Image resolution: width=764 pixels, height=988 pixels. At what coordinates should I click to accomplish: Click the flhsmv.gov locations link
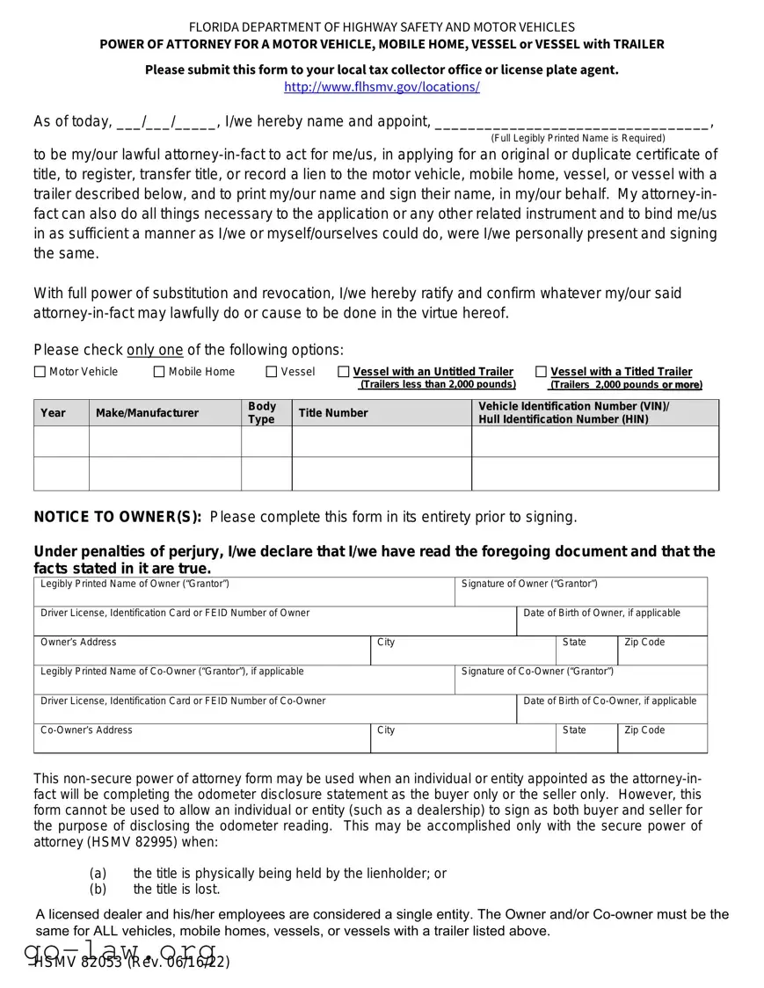(382, 87)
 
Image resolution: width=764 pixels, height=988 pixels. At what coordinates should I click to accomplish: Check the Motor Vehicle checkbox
(40, 372)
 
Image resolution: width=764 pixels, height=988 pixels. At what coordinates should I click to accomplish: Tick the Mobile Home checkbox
(159, 372)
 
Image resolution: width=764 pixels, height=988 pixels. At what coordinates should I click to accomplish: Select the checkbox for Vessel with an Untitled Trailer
(344, 372)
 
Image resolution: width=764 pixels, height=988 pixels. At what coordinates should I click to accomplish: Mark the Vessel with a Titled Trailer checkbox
(541, 372)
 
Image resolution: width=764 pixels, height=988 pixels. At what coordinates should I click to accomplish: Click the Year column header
(53, 413)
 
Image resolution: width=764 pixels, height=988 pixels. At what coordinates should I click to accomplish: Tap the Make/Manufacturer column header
(147, 413)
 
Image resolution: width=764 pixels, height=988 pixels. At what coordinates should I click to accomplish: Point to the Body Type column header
(261, 413)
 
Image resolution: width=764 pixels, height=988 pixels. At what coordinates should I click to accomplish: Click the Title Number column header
(333, 413)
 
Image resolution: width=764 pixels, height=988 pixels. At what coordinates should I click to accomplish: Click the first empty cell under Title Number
(382, 441)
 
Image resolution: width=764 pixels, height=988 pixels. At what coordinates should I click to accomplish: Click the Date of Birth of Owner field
(611, 623)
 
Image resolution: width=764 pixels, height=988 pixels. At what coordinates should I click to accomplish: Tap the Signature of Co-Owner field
(580, 683)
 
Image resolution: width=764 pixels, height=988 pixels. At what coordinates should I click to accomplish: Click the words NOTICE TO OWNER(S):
(118, 517)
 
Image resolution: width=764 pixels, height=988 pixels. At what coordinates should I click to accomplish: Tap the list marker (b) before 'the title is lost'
(98, 889)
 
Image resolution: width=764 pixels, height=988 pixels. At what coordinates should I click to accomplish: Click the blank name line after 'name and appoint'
(571, 122)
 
